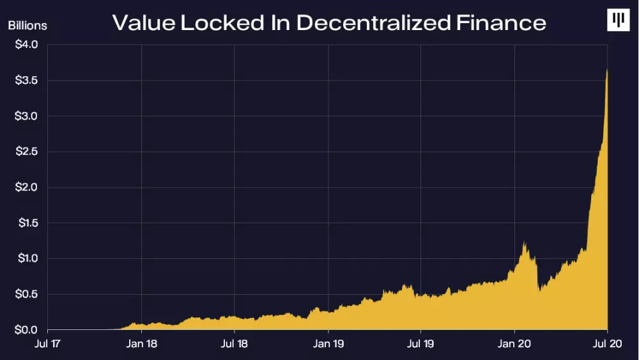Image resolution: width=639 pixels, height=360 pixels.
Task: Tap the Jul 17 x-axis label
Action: click(48, 344)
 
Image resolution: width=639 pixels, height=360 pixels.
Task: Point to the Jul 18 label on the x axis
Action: click(235, 344)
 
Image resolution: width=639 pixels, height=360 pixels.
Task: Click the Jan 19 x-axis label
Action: click(328, 344)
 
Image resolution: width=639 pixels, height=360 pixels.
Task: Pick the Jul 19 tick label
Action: click(420, 344)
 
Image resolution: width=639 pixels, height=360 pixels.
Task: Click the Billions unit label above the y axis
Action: click(27, 26)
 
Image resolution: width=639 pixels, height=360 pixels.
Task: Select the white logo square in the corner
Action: click(618, 20)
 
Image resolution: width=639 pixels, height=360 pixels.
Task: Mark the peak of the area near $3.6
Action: click(606, 70)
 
